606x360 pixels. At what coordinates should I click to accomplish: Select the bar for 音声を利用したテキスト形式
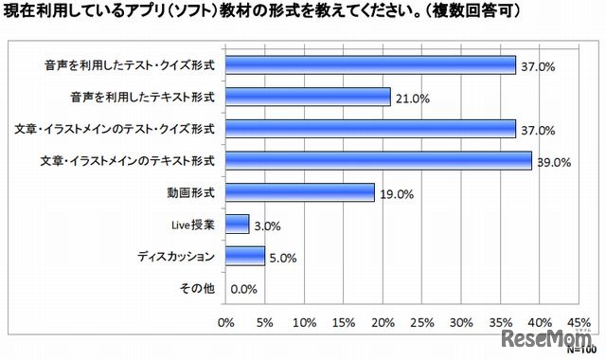(x=308, y=97)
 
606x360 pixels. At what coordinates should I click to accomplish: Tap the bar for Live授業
(x=237, y=224)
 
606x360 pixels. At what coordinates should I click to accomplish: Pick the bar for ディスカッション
(x=245, y=256)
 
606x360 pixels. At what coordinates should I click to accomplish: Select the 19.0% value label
(x=396, y=193)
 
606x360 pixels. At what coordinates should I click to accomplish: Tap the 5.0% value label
(x=285, y=257)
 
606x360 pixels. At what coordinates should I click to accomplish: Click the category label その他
(x=199, y=288)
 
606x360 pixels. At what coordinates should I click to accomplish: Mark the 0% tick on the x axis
(x=226, y=323)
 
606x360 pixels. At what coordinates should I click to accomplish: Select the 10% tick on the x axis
(x=305, y=323)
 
